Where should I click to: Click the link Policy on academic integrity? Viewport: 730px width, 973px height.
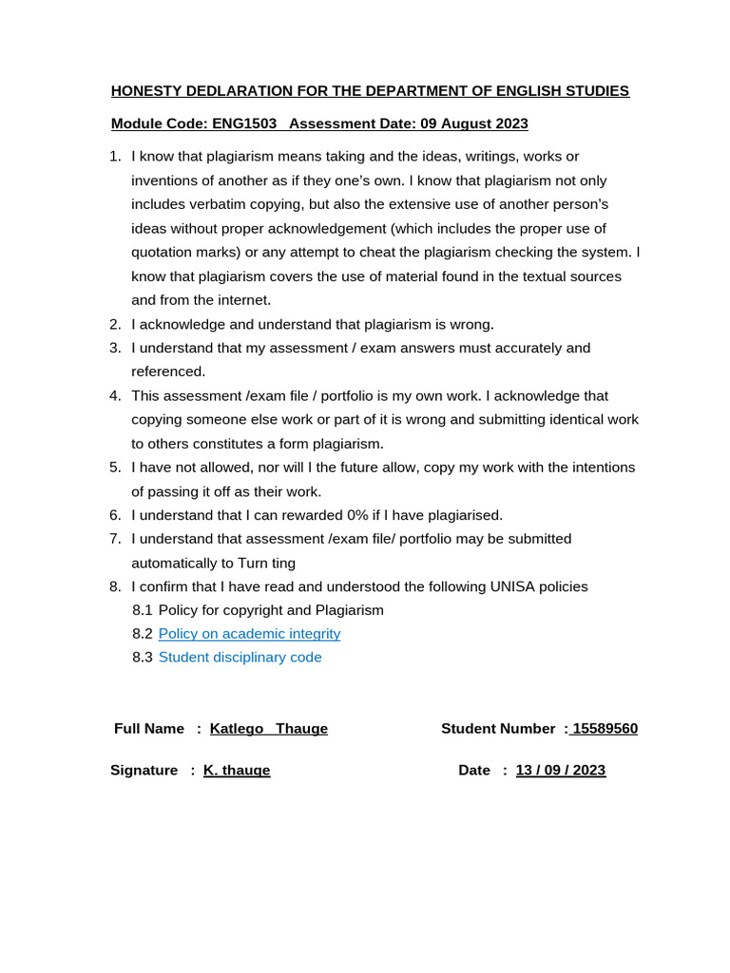coord(249,634)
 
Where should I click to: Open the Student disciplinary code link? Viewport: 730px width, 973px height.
coord(240,658)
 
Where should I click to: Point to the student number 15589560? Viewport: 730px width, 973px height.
coord(605,729)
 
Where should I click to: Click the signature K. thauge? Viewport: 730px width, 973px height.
coord(237,771)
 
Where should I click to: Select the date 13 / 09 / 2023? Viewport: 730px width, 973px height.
coord(560,771)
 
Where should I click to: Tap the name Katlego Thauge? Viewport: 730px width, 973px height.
coord(268,729)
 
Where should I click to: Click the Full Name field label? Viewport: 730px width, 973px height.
coord(149,729)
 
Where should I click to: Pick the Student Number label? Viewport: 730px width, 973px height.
coord(498,729)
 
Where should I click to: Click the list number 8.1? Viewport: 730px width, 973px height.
coord(143,610)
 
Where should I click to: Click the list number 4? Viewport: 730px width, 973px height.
coord(115,395)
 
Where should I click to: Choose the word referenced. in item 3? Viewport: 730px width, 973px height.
coord(168,372)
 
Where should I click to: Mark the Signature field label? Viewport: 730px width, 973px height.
coord(144,771)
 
